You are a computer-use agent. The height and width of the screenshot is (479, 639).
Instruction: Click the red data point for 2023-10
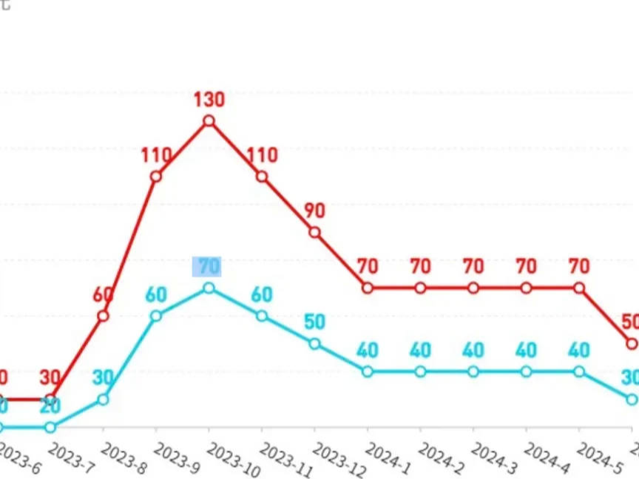click(209, 120)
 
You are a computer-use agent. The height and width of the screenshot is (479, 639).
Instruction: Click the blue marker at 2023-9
click(156, 316)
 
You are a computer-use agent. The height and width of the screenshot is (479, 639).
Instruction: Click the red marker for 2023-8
click(103, 316)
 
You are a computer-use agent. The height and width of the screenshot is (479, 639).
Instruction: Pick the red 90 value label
click(314, 211)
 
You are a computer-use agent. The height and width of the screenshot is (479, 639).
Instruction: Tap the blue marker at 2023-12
click(314, 344)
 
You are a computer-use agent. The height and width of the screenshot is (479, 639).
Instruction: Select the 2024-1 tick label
click(388, 458)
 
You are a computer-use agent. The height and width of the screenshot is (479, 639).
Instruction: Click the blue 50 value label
click(314, 322)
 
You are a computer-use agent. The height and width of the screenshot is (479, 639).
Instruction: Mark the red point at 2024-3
click(473, 288)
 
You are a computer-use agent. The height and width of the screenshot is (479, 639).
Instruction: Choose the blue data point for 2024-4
click(526, 371)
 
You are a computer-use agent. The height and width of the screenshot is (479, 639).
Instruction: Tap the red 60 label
click(102, 294)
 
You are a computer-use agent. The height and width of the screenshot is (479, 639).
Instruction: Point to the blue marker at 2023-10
click(209, 288)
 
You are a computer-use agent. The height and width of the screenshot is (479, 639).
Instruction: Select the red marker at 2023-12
click(314, 232)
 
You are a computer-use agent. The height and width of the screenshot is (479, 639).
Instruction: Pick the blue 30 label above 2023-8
click(103, 377)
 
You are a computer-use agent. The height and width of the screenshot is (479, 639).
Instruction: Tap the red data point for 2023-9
click(156, 177)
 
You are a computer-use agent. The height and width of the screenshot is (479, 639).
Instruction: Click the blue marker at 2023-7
click(50, 427)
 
